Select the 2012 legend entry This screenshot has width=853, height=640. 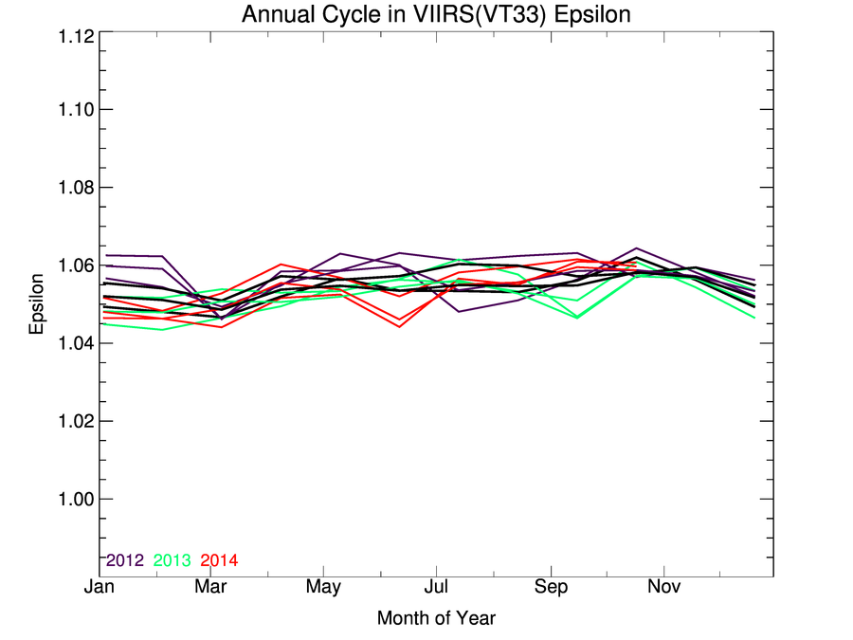tap(125, 560)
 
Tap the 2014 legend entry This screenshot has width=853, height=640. tap(220, 560)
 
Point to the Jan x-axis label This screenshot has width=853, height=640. tap(100, 588)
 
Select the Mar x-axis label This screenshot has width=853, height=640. tap(211, 588)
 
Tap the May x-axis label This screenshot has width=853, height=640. tap(324, 588)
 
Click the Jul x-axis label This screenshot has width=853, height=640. tap(436, 588)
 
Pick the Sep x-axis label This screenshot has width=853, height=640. tap(551, 588)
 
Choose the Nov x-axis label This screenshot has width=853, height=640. tap(662, 588)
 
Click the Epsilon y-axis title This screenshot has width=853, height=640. tap(37, 304)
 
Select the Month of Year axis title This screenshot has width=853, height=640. tap(436, 618)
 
